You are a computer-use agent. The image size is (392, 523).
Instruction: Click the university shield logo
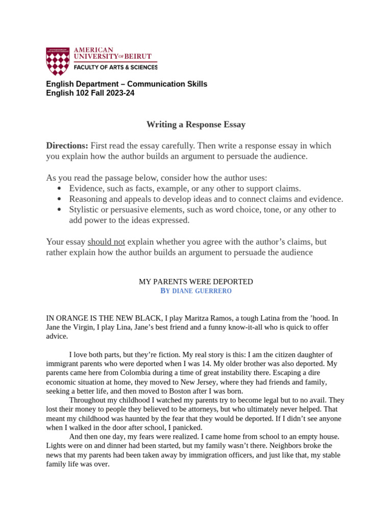click(57, 61)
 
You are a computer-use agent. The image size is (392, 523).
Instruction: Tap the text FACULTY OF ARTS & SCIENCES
click(116, 67)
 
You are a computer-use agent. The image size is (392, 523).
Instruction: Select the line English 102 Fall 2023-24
click(90, 93)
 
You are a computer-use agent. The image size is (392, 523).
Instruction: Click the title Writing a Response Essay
click(196, 124)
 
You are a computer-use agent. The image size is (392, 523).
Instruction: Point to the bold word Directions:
click(67, 146)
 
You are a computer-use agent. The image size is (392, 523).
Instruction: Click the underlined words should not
click(106, 242)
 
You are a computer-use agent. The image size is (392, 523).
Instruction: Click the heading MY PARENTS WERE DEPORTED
click(196, 282)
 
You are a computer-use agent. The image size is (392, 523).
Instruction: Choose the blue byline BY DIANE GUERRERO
click(196, 291)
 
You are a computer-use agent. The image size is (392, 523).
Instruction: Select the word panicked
click(187, 427)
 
